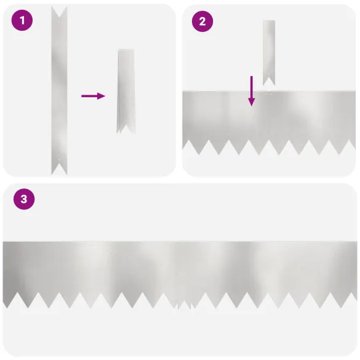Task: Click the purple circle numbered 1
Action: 22,20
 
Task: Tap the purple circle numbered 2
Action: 202,22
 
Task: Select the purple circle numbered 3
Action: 24,199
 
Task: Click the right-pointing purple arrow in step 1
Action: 93,96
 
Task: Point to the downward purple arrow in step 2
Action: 252,91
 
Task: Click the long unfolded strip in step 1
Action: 59,90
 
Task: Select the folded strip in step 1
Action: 126,91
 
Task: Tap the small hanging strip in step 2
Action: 269,53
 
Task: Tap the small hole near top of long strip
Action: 59,21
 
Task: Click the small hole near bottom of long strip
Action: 59,159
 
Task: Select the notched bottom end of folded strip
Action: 126,129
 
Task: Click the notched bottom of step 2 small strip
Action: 269,81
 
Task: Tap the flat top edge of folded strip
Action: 126,50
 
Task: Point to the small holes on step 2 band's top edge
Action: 269,94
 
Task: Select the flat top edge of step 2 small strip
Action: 269,21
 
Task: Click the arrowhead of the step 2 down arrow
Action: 252,102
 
